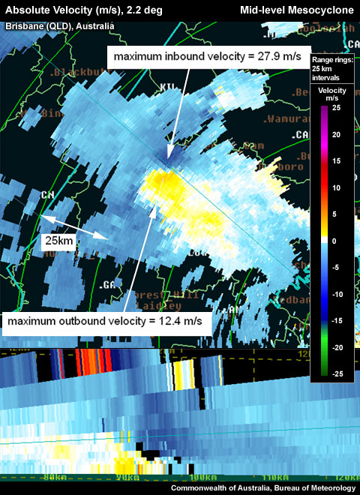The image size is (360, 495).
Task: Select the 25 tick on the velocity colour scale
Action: tap(337, 108)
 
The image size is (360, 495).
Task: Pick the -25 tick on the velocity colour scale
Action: tap(335, 374)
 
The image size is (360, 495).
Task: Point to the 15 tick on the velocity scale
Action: tap(337, 161)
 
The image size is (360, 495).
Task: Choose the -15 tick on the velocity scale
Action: tap(335, 321)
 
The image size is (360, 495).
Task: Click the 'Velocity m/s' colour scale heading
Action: tap(331, 94)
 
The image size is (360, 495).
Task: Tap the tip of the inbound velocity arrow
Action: tap(169, 154)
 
